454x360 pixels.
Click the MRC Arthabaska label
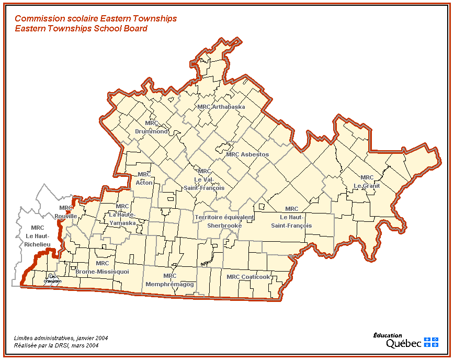(221, 107)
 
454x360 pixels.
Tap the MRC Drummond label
(152, 128)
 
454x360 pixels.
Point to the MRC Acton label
(144, 178)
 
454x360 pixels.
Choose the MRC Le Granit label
(367, 182)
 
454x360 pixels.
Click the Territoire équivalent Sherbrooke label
(224, 221)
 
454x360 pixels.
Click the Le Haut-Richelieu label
(37, 235)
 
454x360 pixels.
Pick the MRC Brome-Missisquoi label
(101, 268)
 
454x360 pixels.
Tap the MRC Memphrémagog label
(170, 280)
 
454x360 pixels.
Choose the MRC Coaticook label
(248, 277)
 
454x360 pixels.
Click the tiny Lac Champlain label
(52, 279)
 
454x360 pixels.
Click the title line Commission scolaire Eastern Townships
(96, 18)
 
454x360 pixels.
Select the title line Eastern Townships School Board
(81, 28)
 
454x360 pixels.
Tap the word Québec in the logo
(403, 343)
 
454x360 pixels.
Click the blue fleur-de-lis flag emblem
(431, 342)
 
